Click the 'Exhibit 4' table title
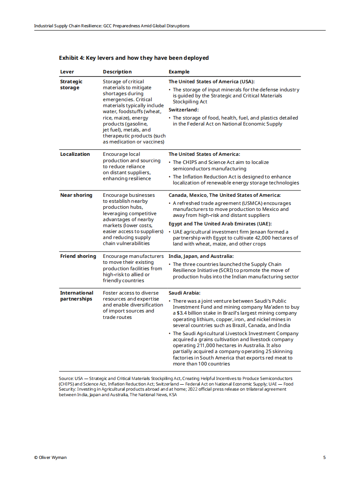click(x=134, y=58)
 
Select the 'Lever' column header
click(x=67, y=72)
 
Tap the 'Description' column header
click(x=117, y=72)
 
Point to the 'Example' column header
click(x=179, y=72)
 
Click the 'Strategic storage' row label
click(x=71, y=85)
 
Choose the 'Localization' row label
click(x=75, y=154)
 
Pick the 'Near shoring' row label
click(x=76, y=195)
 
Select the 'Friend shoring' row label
click(x=78, y=256)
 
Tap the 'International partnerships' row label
click(x=76, y=296)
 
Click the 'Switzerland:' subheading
click(x=184, y=110)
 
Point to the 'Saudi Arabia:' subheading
click(x=184, y=293)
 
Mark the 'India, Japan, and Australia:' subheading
click(x=201, y=256)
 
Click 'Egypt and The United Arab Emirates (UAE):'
click(x=220, y=224)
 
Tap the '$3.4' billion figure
click(x=179, y=313)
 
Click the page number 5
click(x=324, y=458)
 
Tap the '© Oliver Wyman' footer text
click(x=50, y=458)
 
